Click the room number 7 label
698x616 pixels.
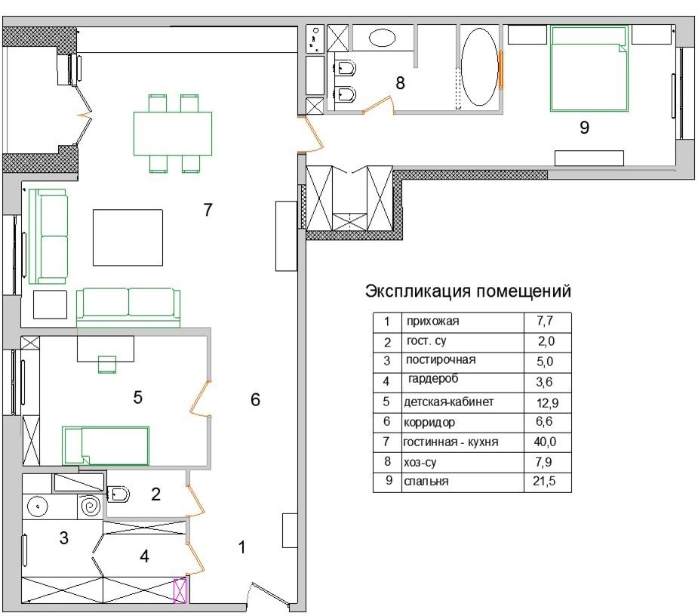point(208,211)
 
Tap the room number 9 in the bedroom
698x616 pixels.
point(583,128)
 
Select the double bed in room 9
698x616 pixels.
point(589,68)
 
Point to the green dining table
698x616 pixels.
point(172,134)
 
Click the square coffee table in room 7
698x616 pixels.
point(128,237)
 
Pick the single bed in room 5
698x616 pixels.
point(106,445)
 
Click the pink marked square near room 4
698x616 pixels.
point(181,590)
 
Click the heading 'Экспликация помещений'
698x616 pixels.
point(468,291)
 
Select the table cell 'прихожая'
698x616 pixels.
point(432,322)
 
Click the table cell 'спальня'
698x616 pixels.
point(427,482)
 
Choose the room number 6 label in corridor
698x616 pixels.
point(255,400)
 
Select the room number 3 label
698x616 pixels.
point(64,538)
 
